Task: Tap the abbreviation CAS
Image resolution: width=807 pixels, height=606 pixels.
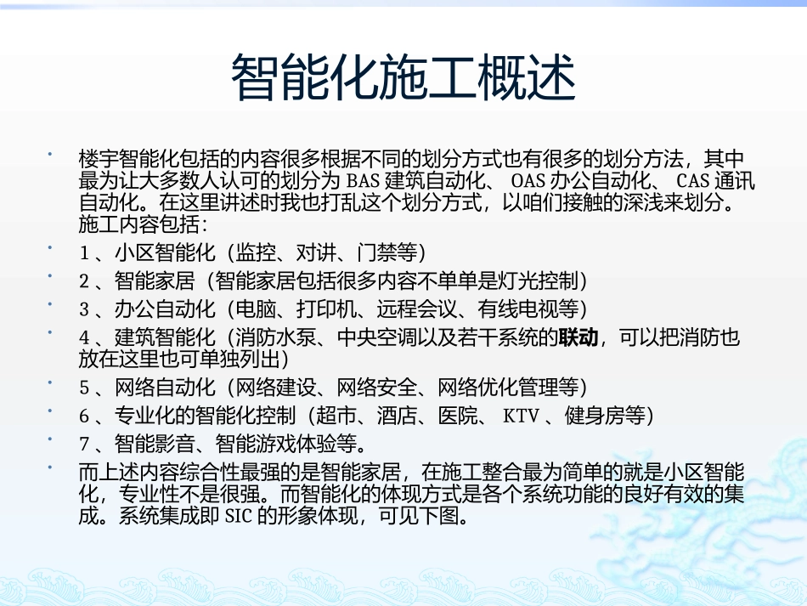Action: click(693, 181)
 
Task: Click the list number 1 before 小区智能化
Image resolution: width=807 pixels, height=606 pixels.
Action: click(84, 252)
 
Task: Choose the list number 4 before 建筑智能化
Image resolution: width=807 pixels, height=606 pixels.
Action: click(84, 337)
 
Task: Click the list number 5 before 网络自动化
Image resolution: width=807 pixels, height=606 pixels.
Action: click(84, 388)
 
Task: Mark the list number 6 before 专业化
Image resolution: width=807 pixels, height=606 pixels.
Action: click(84, 416)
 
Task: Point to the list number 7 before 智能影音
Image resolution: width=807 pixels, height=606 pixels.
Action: click(84, 443)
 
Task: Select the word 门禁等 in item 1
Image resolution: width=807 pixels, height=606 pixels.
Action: click(387, 252)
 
